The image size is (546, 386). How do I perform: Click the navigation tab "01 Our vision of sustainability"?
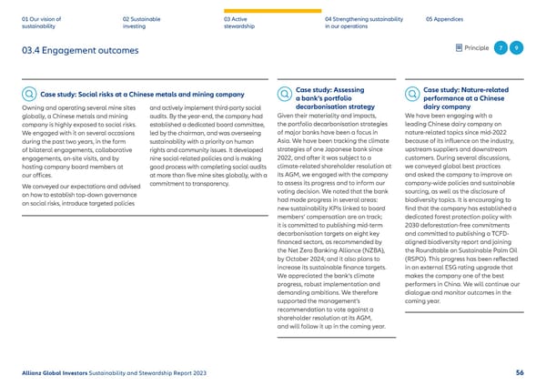(x=41, y=22)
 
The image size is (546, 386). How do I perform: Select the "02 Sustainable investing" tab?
(x=144, y=22)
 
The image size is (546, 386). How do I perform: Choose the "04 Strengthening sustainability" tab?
(x=361, y=22)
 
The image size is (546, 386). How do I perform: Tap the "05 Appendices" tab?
(x=446, y=17)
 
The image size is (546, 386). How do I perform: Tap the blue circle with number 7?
(x=500, y=48)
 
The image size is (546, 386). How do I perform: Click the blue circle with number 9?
(x=516, y=48)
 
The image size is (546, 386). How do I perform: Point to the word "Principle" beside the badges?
(x=475, y=48)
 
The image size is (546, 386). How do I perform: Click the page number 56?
(x=519, y=372)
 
